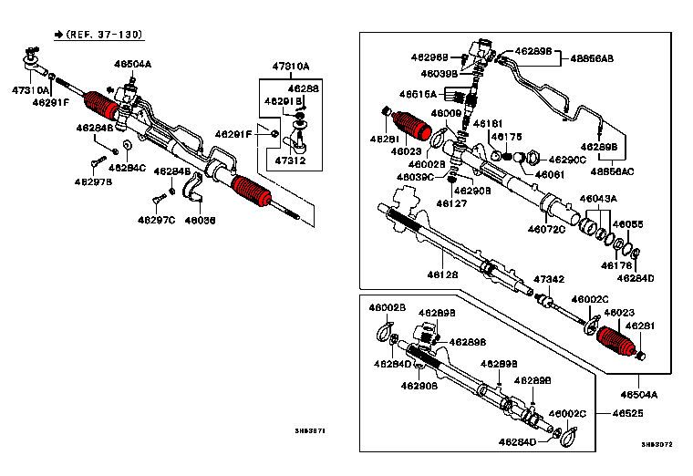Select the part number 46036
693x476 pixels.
click(200, 220)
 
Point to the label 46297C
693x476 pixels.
click(156, 220)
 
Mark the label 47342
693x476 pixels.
click(549, 278)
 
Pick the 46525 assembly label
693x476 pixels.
click(627, 413)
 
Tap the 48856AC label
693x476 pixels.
click(614, 171)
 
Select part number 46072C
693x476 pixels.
click(546, 228)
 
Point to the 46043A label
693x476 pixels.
click(598, 199)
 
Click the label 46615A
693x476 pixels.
click(419, 93)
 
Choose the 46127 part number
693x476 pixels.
click(451, 203)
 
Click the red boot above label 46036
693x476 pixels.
click(253, 191)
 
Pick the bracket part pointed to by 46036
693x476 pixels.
click(193, 190)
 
